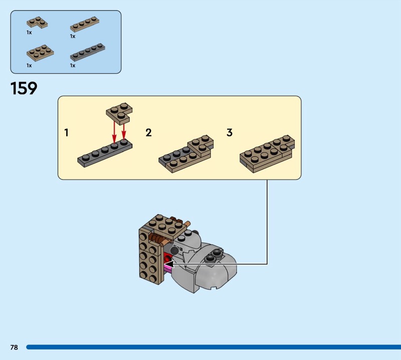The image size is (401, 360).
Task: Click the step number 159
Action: pyautogui.click(x=24, y=88)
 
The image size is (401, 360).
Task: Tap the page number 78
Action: pyautogui.click(x=14, y=347)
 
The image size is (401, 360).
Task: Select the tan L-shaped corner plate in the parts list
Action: pyautogui.click(x=37, y=22)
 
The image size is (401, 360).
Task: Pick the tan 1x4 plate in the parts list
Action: pyautogui.click(x=85, y=24)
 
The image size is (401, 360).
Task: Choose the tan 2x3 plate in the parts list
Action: pyautogui.click(x=40, y=53)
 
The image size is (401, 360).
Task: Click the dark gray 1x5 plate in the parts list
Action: pyautogui.click(x=87, y=52)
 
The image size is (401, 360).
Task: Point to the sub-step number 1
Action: pyautogui.click(x=67, y=132)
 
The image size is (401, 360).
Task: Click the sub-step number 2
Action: pyautogui.click(x=148, y=132)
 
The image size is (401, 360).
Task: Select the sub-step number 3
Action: pyautogui.click(x=230, y=132)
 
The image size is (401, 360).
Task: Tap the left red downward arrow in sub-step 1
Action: pyautogui.click(x=114, y=132)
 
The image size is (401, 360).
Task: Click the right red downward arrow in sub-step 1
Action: pyautogui.click(x=124, y=130)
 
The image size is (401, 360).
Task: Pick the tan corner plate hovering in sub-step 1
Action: pyautogui.click(x=119, y=112)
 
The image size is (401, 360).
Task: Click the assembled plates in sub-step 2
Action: pyautogui.click(x=186, y=154)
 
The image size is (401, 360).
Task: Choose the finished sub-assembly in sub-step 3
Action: pyautogui.click(x=267, y=154)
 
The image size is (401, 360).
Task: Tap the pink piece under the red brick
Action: pyautogui.click(x=168, y=268)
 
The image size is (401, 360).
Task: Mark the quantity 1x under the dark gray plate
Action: pyautogui.click(x=73, y=66)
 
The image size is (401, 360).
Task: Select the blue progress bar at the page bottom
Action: pyautogui.click(x=214, y=347)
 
